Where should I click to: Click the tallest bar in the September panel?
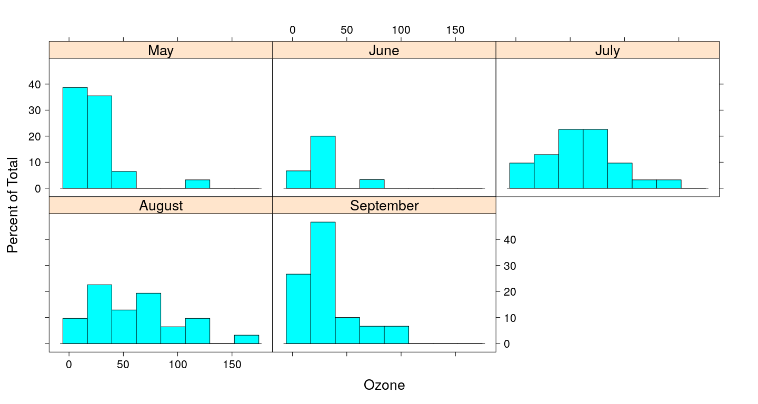323,282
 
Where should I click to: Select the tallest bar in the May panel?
75,137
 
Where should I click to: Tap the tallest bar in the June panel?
323,162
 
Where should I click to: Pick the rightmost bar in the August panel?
246,339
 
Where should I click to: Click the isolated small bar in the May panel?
197,184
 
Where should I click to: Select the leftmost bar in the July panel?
522,175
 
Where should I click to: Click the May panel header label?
161,50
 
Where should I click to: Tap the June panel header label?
384,50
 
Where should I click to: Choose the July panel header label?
607,50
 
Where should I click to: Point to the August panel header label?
161,206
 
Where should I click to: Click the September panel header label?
384,206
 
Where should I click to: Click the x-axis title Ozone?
384,385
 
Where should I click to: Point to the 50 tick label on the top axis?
346,30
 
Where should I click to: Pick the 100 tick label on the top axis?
401,30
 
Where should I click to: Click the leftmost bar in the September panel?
298,309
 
